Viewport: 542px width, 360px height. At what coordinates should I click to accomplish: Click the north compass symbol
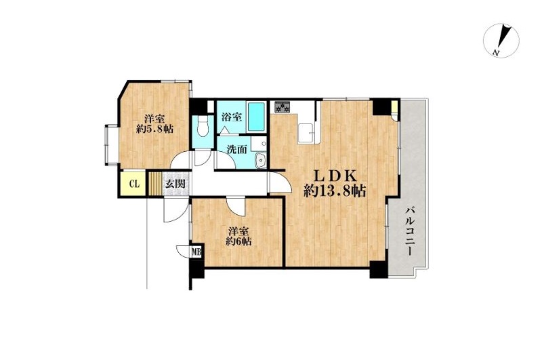point(501,40)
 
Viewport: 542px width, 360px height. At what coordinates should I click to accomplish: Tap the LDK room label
point(335,176)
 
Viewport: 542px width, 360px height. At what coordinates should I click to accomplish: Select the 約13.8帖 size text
point(335,191)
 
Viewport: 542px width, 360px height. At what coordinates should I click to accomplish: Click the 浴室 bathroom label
point(231,117)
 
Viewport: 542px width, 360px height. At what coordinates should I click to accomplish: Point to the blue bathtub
point(256,117)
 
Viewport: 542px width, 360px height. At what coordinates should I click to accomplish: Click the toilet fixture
point(202,127)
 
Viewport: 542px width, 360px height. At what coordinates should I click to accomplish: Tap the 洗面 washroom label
point(237,149)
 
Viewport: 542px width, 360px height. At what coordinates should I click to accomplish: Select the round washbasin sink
point(260,161)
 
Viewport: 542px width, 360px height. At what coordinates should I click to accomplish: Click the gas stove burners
point(283,107)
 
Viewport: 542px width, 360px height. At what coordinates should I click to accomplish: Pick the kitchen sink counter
point(306,132)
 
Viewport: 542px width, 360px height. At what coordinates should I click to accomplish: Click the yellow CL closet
point(133,184)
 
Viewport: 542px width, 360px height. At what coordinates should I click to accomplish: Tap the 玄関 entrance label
point(175,184)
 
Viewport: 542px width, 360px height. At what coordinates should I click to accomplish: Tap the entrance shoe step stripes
point(156,184)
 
